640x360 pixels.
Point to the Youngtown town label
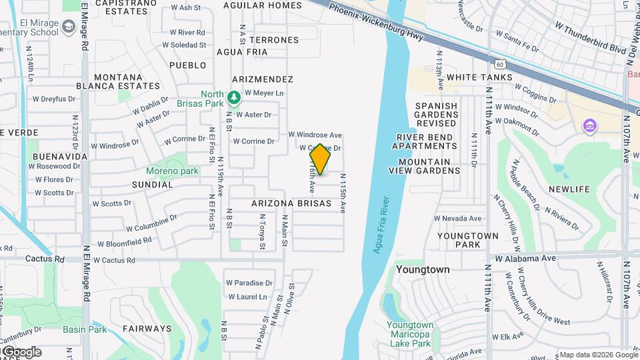422,270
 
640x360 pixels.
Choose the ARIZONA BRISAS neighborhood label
291,203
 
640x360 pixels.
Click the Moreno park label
173,171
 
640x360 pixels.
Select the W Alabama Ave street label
525,258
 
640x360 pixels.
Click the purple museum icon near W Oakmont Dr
589,125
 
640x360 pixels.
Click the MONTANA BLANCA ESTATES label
127,81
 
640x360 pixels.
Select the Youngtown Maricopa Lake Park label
409,335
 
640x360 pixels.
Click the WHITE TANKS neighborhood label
479,77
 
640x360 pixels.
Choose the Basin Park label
85,329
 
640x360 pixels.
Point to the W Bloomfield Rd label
125,243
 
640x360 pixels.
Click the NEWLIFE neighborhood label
569,189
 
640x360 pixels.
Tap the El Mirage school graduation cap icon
69,27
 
